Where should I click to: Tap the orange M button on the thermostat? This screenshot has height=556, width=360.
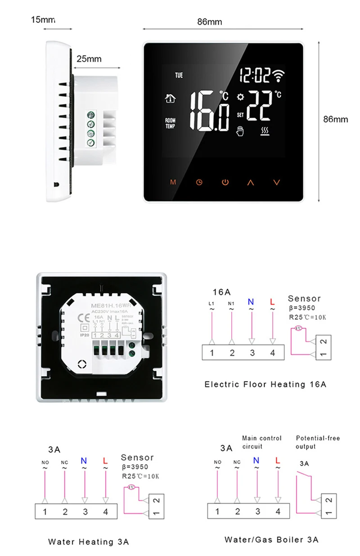click(x=173, y=182)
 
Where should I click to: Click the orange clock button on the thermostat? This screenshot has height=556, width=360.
click(x=199, y=182)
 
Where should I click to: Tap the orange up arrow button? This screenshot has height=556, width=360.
click(x=251, y=182)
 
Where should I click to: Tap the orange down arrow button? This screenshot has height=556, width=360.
click(x=276, y=182)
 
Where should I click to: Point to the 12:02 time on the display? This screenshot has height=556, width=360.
click(x=255, y=76)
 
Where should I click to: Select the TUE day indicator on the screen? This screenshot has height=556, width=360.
click(x=179, y=76)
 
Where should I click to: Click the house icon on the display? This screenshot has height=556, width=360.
click(x=171, y=98)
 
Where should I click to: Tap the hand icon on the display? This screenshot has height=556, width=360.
click(x=240, y=131)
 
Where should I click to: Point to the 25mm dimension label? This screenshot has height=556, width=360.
click(x=89, y=58)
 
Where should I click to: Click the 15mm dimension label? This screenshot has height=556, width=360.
click(x=43, y=19)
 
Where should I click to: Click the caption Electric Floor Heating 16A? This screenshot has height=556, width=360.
click(x=265, y=384)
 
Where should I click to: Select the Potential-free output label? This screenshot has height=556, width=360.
click(x=318, y=442)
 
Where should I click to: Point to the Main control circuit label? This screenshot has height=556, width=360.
click(x=261, y=442)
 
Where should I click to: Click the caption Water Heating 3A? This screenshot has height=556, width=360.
click(x=88, y=542)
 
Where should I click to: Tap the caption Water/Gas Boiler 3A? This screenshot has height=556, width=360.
click(x=271, y=539)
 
